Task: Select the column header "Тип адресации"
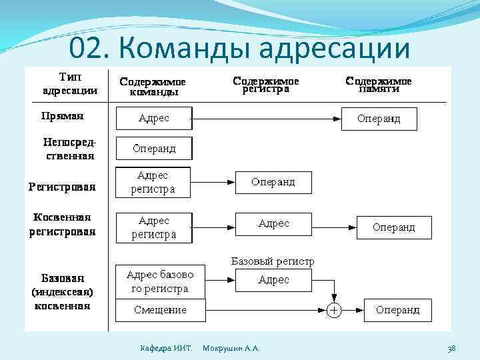(x=70, y=83)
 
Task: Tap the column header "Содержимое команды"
(x=153, y=87)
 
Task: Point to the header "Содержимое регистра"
(x=265, y=85)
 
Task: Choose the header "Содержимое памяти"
(x=379, y=85)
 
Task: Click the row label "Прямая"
(x=62, y=115)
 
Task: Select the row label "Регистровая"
(x=61, y=187)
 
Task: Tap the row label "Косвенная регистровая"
(x=62, y=225)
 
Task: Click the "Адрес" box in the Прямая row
(x=154, y=119)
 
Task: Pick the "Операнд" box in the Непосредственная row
(x=154, y=148)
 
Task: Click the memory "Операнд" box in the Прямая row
(x=379, y=119)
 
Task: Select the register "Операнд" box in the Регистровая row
(x=273, y=181)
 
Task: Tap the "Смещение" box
(x=160, y=310)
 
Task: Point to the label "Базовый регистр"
(x=273, y=261)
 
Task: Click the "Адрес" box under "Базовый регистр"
(x=273, y=281)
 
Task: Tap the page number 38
(x=451, y=348)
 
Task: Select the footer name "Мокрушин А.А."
(x=231, y=348)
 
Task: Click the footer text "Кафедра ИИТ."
(x=166, y=348)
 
